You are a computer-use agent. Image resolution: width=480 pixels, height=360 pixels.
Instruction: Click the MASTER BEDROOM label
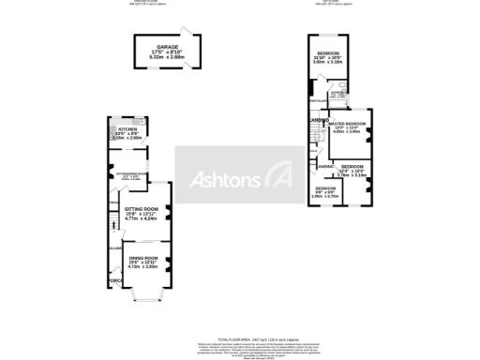point(346,124)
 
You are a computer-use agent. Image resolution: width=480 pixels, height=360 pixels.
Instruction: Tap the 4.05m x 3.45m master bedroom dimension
point(346,134)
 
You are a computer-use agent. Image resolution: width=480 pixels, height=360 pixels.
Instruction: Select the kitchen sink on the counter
point(138,122)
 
